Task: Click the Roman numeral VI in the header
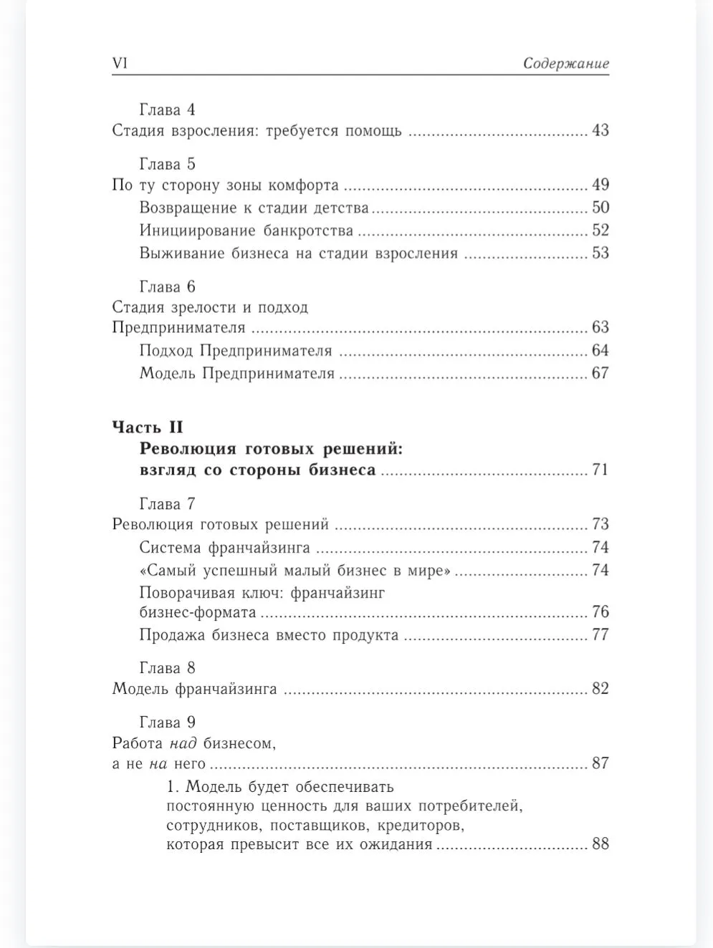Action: coord(120,63)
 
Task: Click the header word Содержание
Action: coord(565,63)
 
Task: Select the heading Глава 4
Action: coord(167,110)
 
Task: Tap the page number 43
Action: coord(600,131)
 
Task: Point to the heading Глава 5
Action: coord(167,164)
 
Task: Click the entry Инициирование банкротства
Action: coord(246,231)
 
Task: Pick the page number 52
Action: coord(600,231)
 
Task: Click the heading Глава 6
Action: coord(167,287)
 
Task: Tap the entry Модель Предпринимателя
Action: coord(236,374)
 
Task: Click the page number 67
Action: coord(600,373)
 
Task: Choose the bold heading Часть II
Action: coord(148,427)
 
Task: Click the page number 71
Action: coord(600,470)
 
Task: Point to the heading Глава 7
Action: coord(167,504)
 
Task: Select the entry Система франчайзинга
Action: coord(224,548)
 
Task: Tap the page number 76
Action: coord(600,612)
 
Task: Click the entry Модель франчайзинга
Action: coord(194,690)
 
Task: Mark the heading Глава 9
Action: coord(167,722)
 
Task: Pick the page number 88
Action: coord(600,844)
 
